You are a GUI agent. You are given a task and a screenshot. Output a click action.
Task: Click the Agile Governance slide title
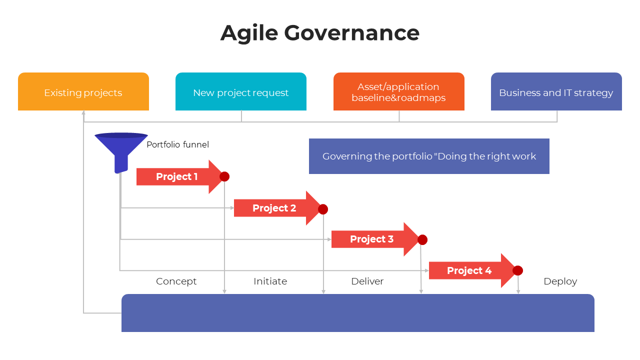[320, 33]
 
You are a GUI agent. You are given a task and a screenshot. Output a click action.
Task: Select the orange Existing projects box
[83, 92]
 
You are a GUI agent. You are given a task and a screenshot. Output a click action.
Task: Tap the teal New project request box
[241, 92]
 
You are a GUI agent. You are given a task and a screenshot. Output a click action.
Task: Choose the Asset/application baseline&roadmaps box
[398, 92]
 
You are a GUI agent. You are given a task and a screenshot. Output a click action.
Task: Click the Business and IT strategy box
[556, 92]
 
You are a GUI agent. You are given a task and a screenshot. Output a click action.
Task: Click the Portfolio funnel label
[177, 144]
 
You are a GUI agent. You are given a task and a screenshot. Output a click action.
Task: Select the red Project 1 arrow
[177, 176]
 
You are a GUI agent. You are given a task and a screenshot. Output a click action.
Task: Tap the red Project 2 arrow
[274, 208]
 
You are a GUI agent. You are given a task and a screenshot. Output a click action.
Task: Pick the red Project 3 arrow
[372, 239]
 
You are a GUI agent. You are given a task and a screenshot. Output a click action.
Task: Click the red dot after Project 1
[224, 176]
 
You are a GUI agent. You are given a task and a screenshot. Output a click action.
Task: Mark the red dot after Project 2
[323, 209]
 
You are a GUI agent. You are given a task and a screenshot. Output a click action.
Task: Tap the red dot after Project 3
[422, 240]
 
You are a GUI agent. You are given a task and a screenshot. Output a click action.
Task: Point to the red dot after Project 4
[518, 270]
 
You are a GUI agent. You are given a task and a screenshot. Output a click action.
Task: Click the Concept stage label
[176, 281]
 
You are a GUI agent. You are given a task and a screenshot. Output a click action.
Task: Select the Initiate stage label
[270, 281]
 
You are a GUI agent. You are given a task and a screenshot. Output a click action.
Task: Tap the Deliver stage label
[367, 281]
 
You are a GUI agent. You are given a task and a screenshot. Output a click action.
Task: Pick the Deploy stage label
[560, 281]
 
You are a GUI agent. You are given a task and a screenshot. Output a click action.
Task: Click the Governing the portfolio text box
[429, 156]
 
